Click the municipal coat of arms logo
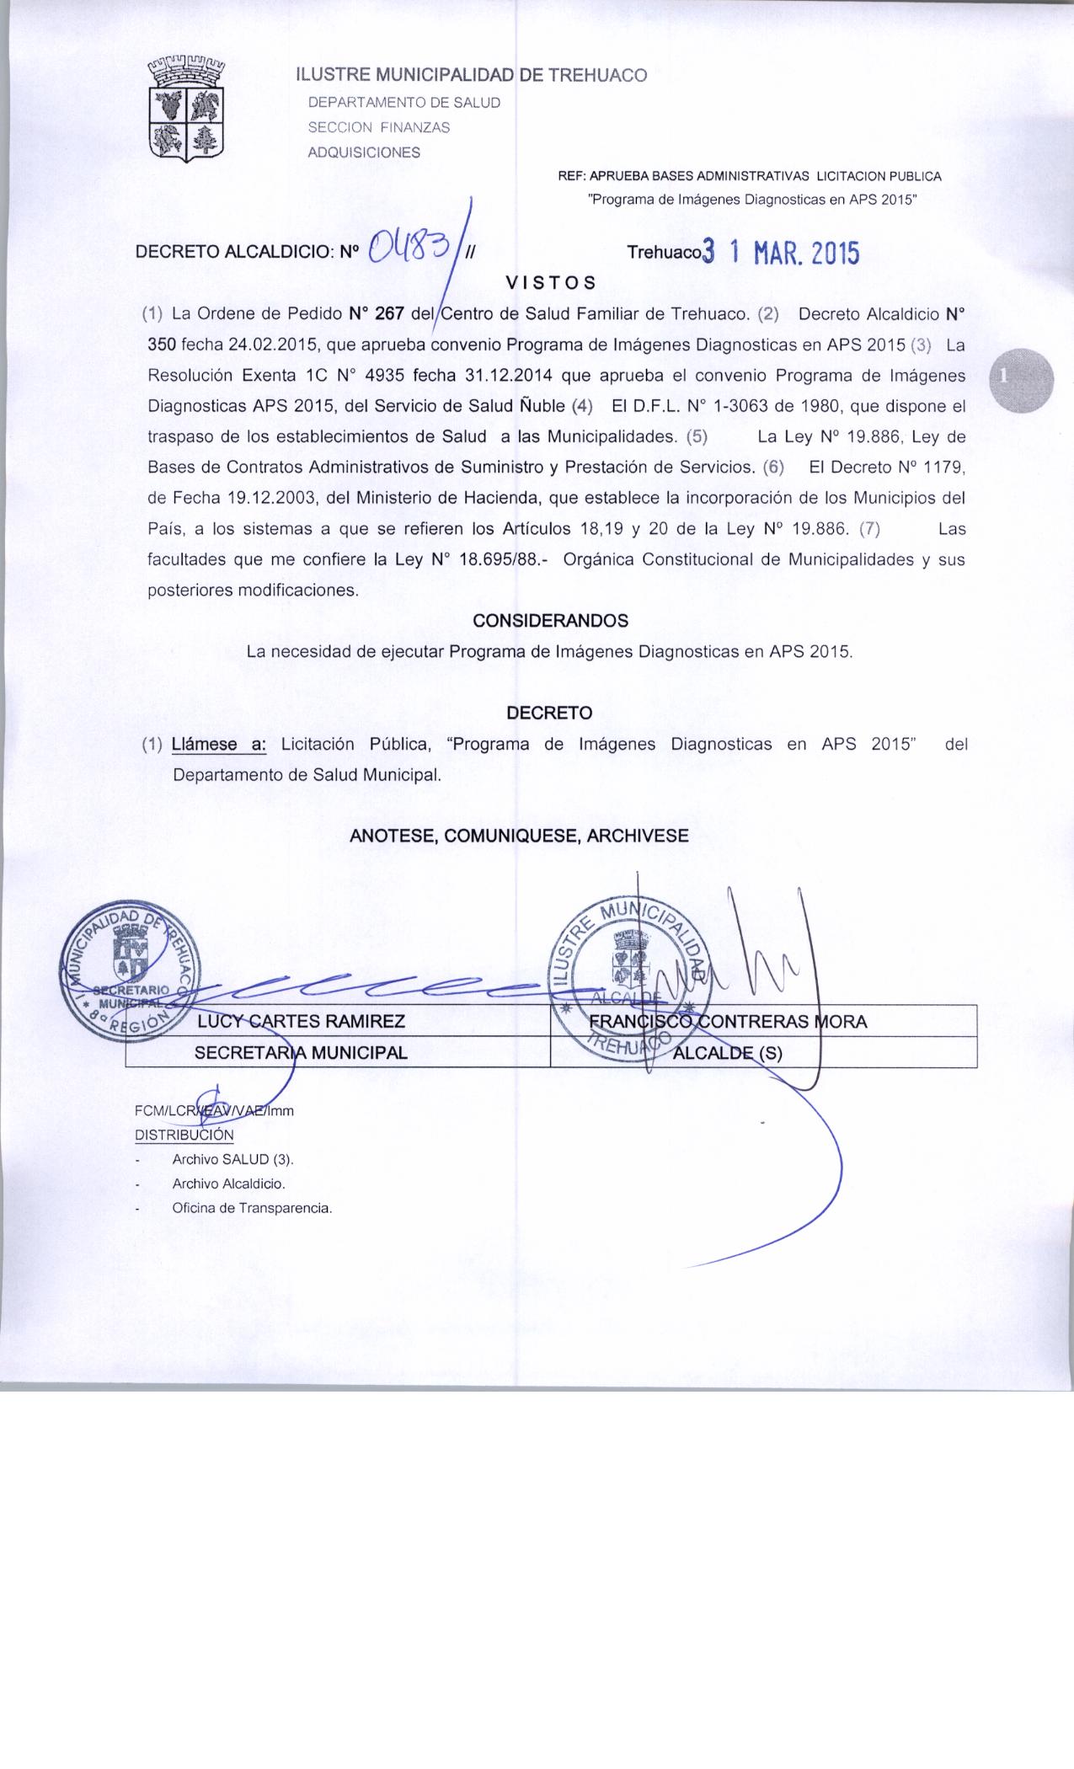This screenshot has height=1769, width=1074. coord(187,108)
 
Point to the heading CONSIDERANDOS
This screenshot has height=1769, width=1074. coord(550,621)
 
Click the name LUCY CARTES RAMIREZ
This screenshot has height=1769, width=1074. coord(301,1022)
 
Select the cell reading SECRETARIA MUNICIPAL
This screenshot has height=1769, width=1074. coord(301,1052)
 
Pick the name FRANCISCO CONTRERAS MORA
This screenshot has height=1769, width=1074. coord(728,1022)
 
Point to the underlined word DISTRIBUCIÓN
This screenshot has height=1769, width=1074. coord(184,1135)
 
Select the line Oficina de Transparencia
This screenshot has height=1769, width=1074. coord(252,1208)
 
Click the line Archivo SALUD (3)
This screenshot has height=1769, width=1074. coord(232,1159)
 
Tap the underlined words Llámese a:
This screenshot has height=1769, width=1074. coord(219,745)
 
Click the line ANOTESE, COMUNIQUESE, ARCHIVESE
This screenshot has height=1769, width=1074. coord(519,836)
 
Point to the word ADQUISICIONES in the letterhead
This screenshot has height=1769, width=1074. coord(364,152)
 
